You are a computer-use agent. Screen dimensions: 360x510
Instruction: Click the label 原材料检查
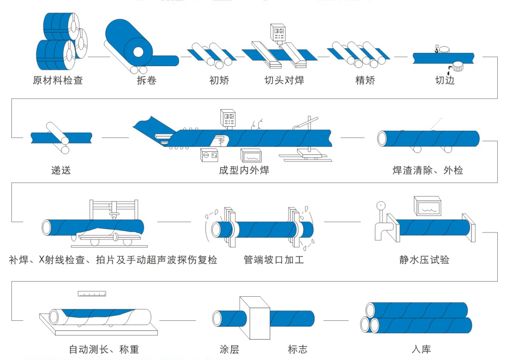pos(58,80)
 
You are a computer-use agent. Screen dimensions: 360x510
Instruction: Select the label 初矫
pos(219,80)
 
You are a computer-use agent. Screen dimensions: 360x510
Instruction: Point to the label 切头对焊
pos(284,80)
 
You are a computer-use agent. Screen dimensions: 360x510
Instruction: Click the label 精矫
pos(365,80)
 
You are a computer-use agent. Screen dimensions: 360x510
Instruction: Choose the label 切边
pos(444,80)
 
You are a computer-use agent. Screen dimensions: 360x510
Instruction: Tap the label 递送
pos(61,170)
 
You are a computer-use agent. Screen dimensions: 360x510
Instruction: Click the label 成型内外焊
pos(244,170)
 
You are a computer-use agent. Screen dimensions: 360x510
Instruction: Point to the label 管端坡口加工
pos(274,260)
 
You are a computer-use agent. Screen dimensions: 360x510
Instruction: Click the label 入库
pos(421,350)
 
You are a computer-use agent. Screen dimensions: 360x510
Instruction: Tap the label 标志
pos(297,350)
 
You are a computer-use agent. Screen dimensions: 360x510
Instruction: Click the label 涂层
pos(229,350)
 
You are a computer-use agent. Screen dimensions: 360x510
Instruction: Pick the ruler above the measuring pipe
pos(92,294)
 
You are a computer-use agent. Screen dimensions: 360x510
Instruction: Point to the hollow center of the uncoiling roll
pos(139,51)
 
